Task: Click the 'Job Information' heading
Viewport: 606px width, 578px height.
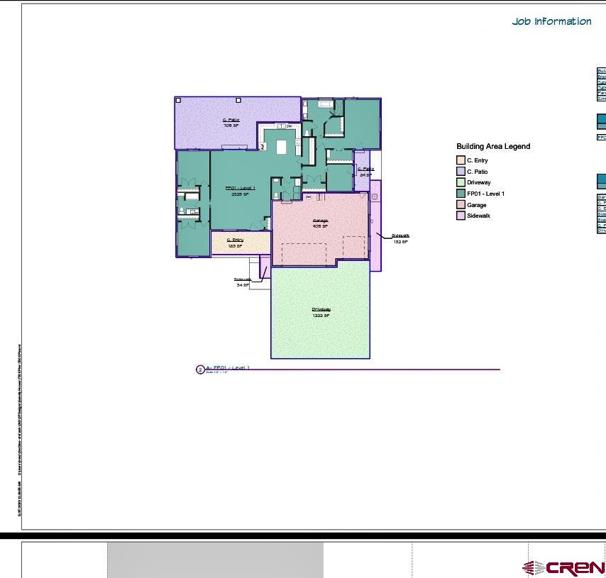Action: click(551, 21)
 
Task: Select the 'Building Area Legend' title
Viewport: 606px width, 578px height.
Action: click(493, 147)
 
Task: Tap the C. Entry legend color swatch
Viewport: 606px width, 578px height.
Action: click(461, 160)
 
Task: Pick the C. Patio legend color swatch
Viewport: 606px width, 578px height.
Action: click(461, 172)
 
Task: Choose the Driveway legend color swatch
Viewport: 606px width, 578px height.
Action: click(461, 182)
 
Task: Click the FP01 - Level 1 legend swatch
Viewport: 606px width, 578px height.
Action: click(461, 194)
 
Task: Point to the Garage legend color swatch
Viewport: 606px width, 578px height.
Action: click(461, 205)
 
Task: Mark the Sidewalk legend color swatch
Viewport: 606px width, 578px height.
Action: click(461, 216)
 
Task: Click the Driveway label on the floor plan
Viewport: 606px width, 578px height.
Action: click(321, 310)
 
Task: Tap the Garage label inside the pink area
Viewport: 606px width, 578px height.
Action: click(321, 221)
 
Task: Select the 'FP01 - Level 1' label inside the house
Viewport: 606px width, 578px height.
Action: click(241, 189)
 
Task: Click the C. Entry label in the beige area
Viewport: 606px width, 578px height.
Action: click(235, 240)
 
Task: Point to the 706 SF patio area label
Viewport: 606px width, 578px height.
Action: click(231, 123)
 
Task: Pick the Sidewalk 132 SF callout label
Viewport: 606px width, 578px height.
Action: click(400, 238)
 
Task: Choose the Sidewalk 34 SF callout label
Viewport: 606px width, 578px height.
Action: click(243, 282)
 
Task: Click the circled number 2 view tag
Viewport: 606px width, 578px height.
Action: click(200, 369)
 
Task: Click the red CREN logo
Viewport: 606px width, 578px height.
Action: click(564, 568)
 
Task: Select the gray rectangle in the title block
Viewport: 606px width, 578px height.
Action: click(215, 560)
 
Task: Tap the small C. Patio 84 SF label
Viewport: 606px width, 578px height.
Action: click(365, 172)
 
